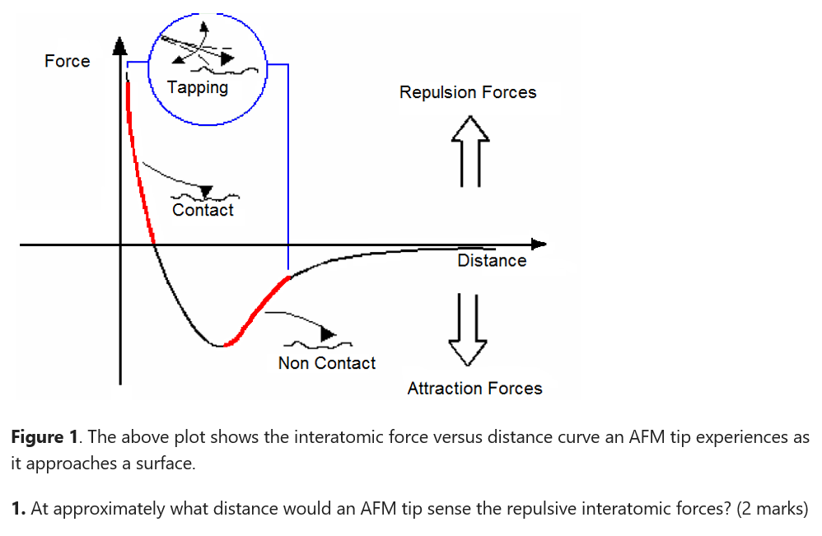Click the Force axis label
[67, 61]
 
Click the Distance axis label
[492, 260]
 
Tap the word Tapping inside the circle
[197, 87]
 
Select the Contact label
[203, 210]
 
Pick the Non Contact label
[326, 363]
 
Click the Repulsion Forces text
[467, 92]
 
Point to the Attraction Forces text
[474, 389]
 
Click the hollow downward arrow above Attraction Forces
[467, 329]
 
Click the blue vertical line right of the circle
[287, 165]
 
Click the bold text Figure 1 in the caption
[44, 437]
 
